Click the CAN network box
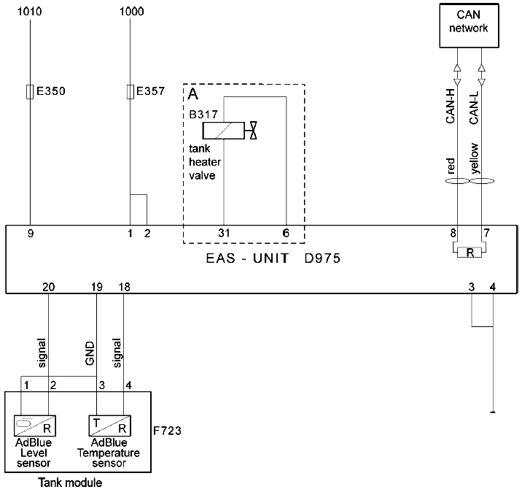pos(469,26)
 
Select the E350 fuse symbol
pos(30,92)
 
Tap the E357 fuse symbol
pos(130,92)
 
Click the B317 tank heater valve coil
pos(224,131)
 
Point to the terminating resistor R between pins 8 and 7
pos(470,253)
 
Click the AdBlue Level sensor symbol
pos(34,426)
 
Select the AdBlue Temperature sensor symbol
pos(109,426)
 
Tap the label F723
pos(167,431)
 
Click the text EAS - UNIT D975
pos(273,258)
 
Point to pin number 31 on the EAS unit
pos(224,233)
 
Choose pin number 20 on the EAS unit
pos(49,287)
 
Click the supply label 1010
pos(30,12)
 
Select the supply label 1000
pos(132,12)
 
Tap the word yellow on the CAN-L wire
pos(474,158)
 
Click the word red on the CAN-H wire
pos(450,166)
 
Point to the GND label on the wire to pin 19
pos(90,353)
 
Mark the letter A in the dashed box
pos(193,94)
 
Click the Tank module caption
pos(70,483)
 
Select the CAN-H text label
pos(450,107)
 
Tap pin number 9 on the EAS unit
pos(31,234)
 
